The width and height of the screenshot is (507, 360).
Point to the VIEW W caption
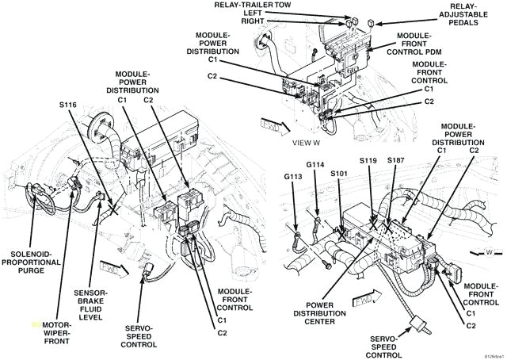pyautogui.click(x=305, y=144)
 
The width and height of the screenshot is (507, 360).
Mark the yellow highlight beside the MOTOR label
pyautogui.click(x=35, y=324)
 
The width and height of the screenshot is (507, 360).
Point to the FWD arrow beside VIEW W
pyautogui.click(x=269, y=124)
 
